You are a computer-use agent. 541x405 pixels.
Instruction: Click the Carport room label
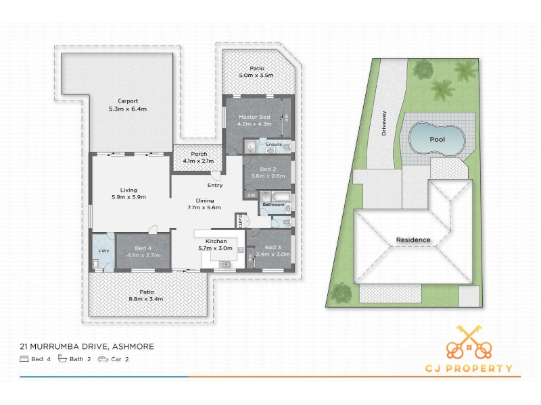128,101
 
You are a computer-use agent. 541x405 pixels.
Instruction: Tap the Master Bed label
254,117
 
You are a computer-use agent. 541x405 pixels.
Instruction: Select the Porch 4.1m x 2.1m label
199,157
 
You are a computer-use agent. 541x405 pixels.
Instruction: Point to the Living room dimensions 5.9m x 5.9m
128,197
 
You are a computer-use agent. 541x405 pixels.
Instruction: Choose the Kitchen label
216,241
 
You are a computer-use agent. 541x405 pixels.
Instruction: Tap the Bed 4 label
143,248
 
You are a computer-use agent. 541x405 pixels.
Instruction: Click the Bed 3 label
273,247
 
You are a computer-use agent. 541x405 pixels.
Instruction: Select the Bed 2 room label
268,169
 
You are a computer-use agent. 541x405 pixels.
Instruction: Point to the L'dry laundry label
103,250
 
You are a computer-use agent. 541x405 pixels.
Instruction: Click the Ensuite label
274,144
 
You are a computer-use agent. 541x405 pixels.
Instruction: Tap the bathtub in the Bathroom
281,196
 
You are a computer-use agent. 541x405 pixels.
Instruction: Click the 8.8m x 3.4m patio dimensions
146,299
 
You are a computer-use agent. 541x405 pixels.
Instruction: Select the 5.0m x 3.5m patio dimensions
256,76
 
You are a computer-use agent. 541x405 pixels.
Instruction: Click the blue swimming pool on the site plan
437,138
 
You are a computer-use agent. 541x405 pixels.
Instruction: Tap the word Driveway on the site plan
384,123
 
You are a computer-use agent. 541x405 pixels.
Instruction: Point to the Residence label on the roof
413,240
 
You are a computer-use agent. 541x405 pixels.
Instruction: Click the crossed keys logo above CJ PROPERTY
469,342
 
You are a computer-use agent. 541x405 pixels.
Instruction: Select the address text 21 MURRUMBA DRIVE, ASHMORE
87,346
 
